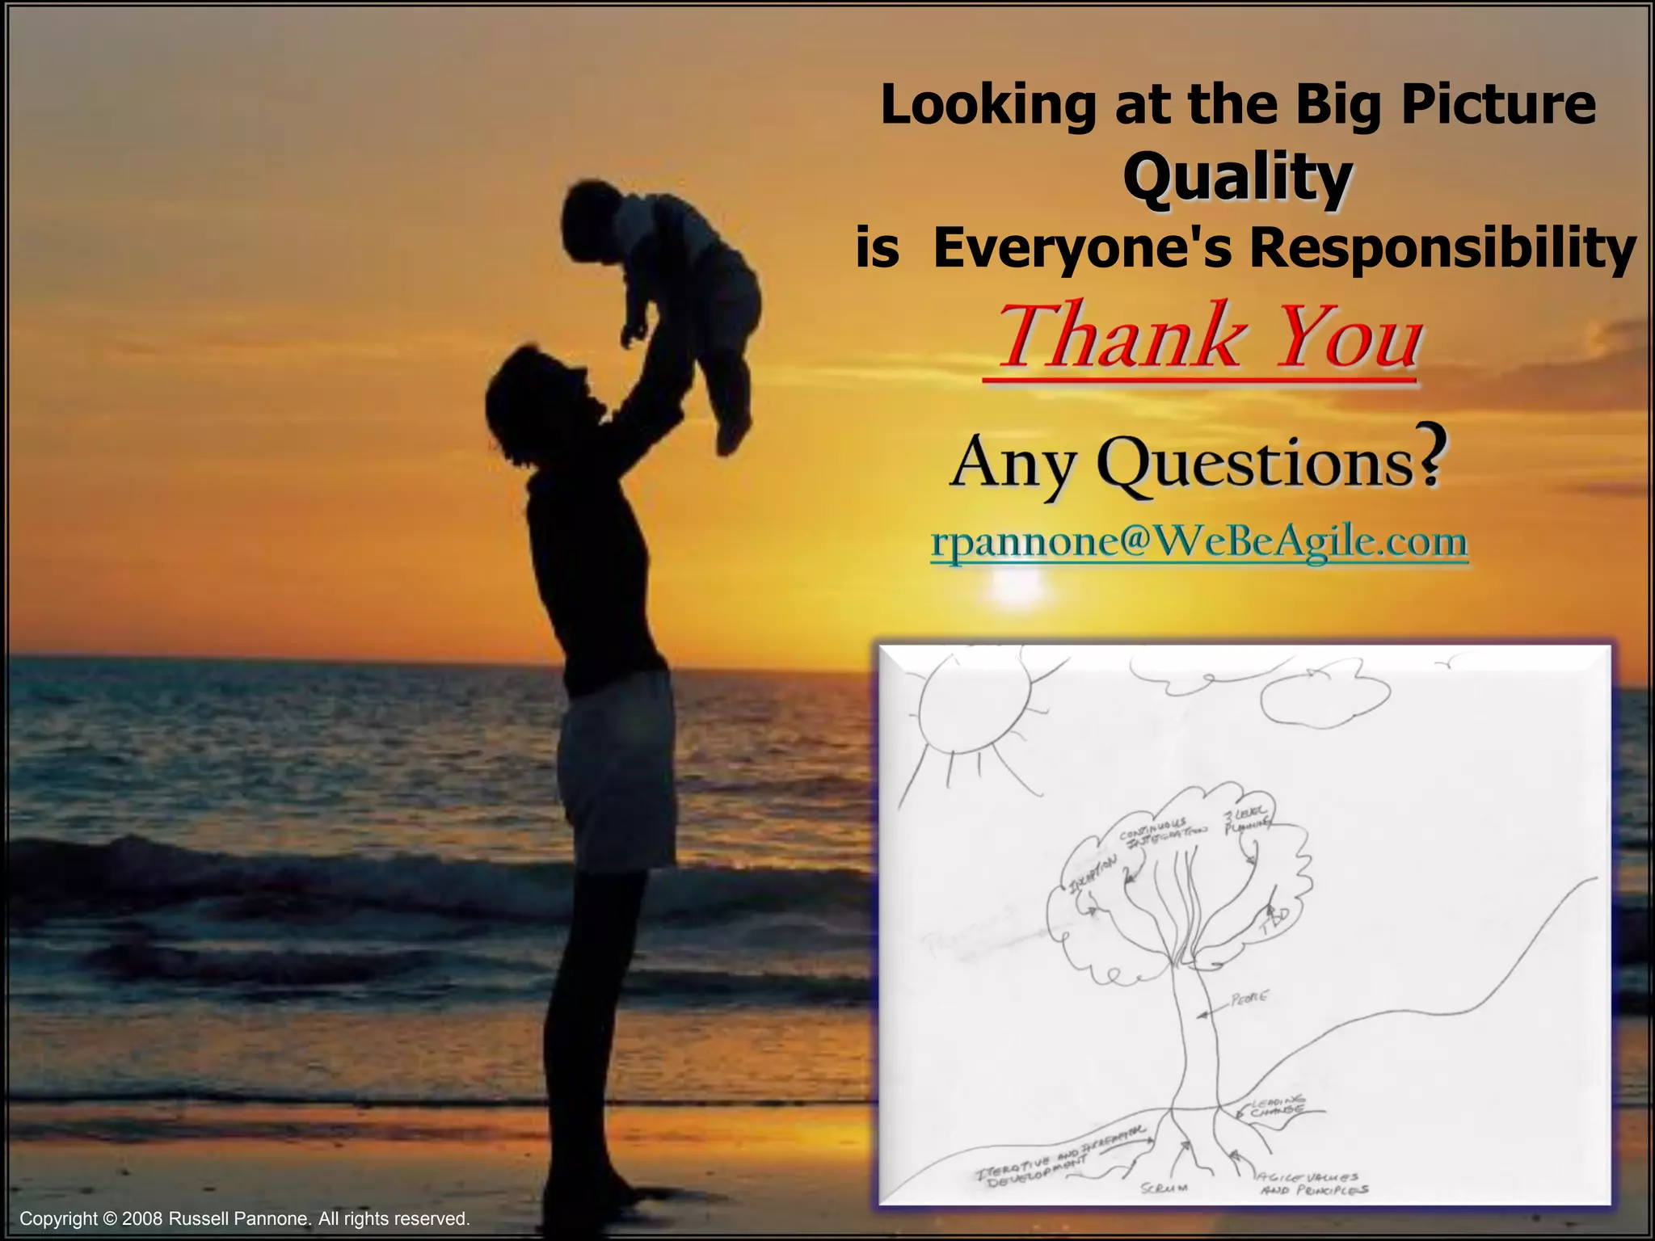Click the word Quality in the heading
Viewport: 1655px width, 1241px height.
(x=1236, y=179)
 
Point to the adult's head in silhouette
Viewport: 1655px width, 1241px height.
(x=533, y=396)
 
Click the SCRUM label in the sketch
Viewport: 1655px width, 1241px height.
(x=1164, y=1188)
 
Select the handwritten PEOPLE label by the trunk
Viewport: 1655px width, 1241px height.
(x=1249, y=999)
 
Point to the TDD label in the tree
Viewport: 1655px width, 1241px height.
(x=1275, y=921)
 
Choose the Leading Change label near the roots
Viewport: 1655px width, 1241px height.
(x=1277, y=1106)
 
